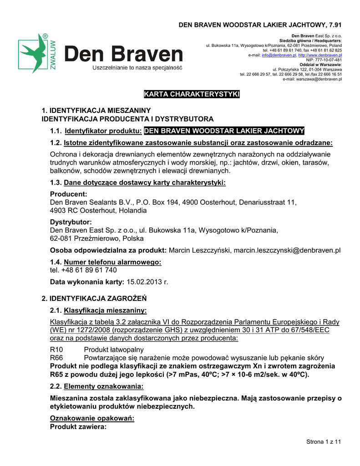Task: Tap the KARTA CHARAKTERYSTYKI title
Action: [x=192, y=94]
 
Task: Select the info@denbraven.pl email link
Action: [x=279, y=55]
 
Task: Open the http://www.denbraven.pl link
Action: [x=320, y=55]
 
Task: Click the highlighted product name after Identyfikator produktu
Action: [x=224, y=132]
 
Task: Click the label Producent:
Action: [x=68, y=194]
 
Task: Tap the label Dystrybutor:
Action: [x=71, y=222]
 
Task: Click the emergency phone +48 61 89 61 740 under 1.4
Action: [x=83, y=270]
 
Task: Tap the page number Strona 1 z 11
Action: [x=324, y=441]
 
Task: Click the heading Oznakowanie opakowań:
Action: [x=92, y=419]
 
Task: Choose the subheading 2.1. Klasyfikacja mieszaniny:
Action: [x=98, y=311]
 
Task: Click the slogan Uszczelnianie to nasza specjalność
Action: [x=137, y=68]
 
